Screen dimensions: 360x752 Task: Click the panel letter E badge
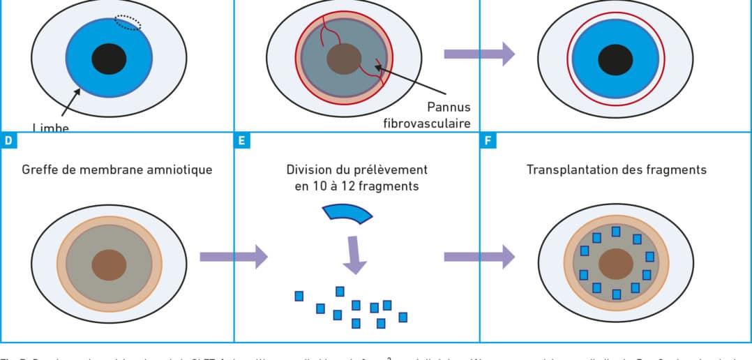click(241, 140)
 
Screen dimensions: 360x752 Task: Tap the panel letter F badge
click(488, 140)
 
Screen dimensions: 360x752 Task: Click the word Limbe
click(50, 128)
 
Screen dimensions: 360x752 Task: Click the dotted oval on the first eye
click(128, 22)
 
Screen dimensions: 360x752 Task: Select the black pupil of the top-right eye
click(615, 59)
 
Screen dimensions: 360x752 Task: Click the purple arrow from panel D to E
click(233, 257)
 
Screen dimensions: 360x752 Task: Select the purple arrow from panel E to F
click(479, 257)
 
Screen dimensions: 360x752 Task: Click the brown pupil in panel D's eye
click(109, 264)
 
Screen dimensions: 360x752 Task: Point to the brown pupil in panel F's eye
click(615, 264)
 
